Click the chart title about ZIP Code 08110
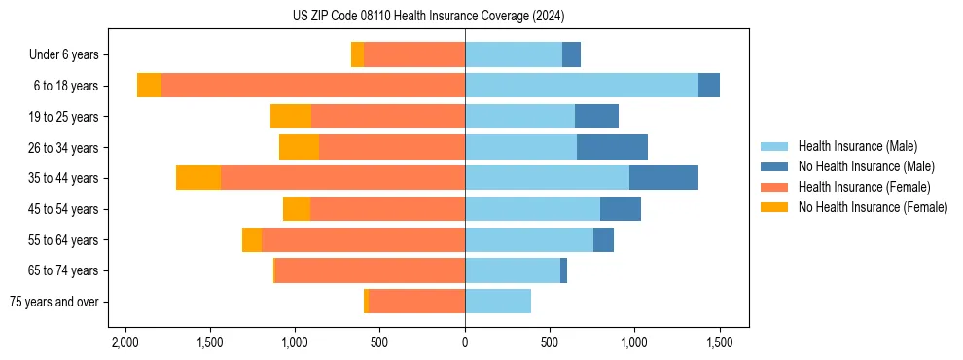click(x=428, y=17)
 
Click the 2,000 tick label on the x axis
click(x=125, y=343)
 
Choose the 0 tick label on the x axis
click(x=465, y=343)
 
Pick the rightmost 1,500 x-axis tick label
click(x=720, y=343)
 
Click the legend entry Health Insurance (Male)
click(x=857, y=146)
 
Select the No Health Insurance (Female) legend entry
click(x=873, y=207)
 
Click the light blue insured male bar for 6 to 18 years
click(x=582, y=86)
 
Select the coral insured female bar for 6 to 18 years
click(x=313, y=86)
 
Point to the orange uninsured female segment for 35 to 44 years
click(x=198, y=178)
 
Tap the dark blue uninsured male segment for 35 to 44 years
click(x=663, y=178)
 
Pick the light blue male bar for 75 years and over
click(x=498, y=302)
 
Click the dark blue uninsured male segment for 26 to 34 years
click(x=612, y=147)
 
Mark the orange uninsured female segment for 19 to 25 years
click(x=291, y=117)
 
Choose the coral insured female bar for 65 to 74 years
click(x=370, y=270)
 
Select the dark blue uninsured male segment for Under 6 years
click(x=571, y=55)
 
